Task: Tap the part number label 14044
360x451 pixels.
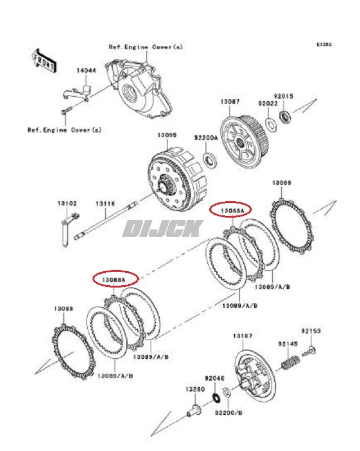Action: (x=86, y=70)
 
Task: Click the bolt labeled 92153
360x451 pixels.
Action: (x=310, y=351)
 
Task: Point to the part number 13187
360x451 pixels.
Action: (x=243, y=336)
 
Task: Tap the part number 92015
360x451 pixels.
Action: (x=283, y=96)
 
